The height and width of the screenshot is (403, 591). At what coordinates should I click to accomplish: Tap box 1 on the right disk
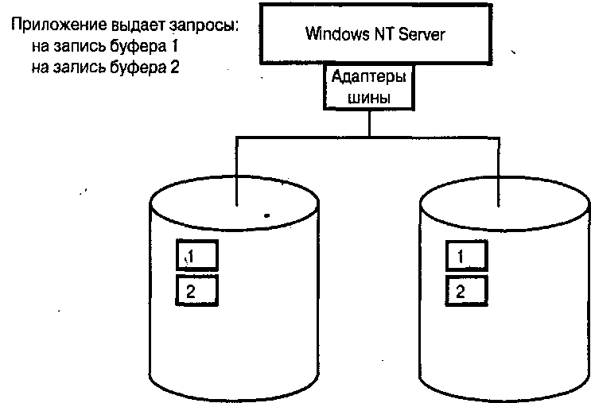[x=465, y=257]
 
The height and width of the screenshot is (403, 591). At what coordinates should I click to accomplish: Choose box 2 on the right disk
[x=465, y=290]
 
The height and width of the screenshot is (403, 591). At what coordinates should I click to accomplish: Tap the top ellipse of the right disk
[x=506, y=209]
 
